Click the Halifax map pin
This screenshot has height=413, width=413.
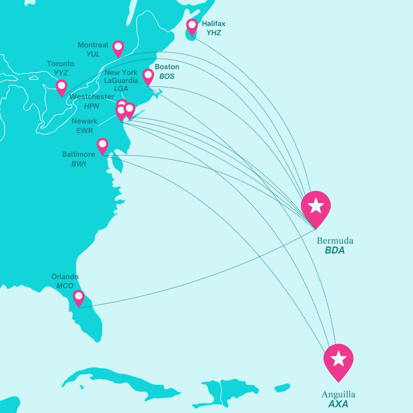coord(192,26)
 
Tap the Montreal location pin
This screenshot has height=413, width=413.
coord(118,48)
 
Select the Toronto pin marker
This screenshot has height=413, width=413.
coord(61,86)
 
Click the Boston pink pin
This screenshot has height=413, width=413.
coord(148,76)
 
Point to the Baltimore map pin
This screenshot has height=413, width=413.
coord(102,145)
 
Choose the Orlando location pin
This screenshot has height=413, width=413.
coord(78,297)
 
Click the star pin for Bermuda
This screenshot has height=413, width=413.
coord(315,207)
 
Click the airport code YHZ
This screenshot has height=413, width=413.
coord(214,33)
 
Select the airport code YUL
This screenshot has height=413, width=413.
coord(93,54)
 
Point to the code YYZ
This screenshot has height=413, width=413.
coord(61,73)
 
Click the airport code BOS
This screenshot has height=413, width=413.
coord(167,76)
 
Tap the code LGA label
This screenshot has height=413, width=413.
coord(121,89)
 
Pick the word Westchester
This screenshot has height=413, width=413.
coord(92,97)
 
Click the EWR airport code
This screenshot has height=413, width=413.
coord(85,131)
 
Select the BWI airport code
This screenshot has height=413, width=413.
coord(79,164)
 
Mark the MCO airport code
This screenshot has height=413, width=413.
coord(65,286)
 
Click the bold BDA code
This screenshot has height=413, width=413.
coord(335,251)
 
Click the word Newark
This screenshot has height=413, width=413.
coord(85,121)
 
